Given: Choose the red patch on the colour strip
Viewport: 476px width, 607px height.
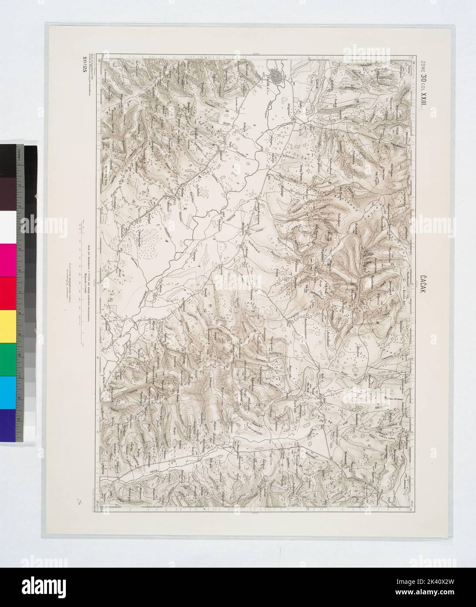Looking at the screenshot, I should pos(9,293).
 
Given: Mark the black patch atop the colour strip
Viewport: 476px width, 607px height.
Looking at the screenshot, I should pos(9,159).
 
